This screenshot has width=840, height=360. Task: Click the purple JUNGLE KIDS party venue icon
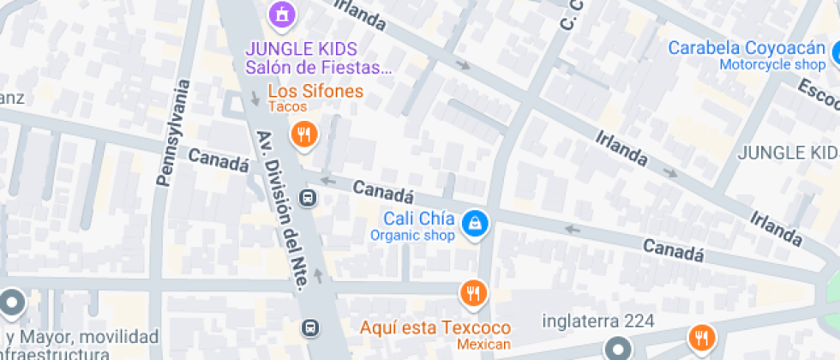(x=280, y=14)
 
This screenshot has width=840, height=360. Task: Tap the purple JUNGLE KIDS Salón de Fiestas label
(x=314, y=57)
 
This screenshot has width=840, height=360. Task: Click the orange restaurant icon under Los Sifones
(x=303, y=133)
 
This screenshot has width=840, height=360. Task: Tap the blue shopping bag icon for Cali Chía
(x=473, y=225)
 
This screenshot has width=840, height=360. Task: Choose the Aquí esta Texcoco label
(x=435, y=327)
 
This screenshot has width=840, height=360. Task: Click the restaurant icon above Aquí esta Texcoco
(x=472, y=293)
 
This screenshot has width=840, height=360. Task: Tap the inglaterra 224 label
(x=599, y=321)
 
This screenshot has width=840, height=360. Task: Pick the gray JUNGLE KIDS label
(x=788, y=153)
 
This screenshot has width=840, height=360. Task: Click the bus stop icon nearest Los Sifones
(x=308, y=199)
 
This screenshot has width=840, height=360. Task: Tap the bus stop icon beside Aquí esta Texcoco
(x=310, y=327)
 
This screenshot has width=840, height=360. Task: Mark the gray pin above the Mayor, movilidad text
(x=12, y=303)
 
